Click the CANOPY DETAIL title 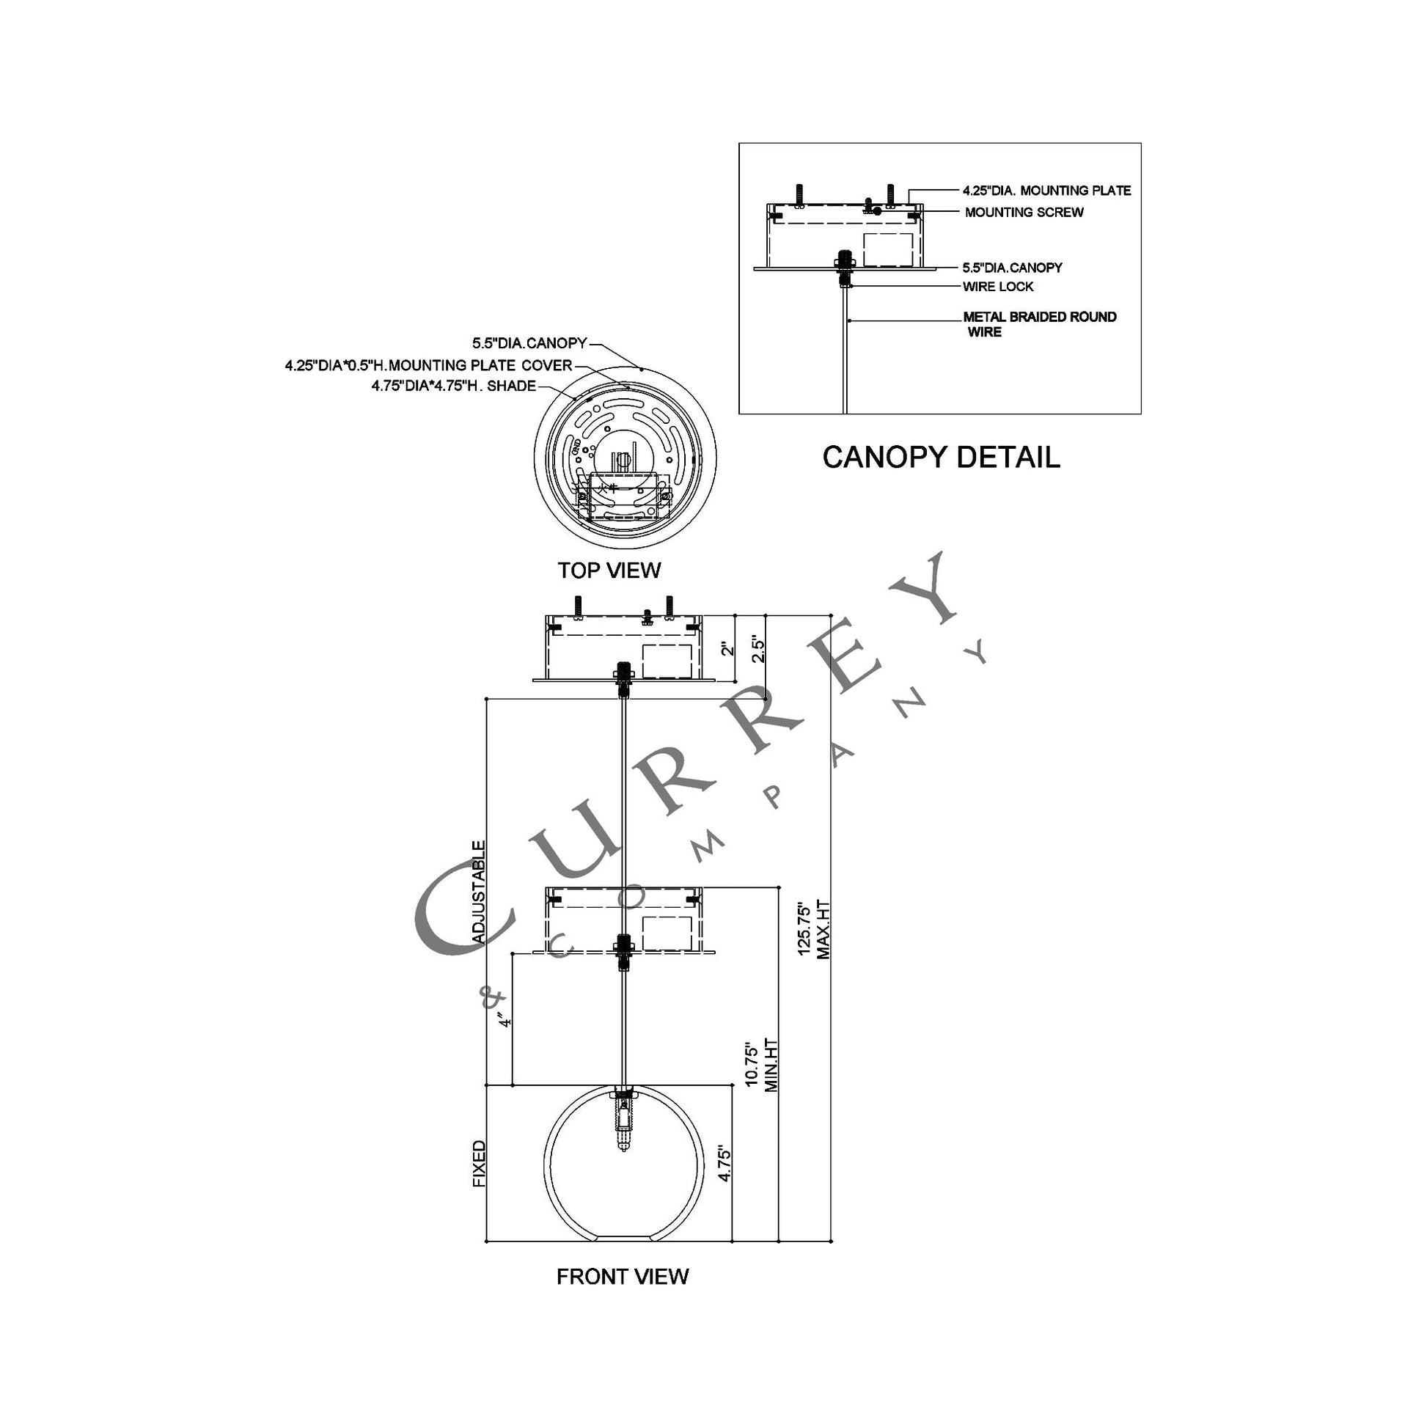coord(941,457)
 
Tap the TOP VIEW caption coord(609,571)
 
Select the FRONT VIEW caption coord(622,1277)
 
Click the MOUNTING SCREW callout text coord(1024,213)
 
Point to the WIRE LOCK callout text coord(998,287)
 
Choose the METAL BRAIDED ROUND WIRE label coord(1038,324)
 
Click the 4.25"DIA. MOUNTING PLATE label coord(1046,191)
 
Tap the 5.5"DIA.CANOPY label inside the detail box coord(1012,268)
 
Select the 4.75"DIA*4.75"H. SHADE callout coord(453,386)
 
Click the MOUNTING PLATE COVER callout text coord(428,365)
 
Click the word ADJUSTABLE coord(479,892)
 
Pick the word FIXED coord(480,1163)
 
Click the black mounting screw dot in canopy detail coord(878,211)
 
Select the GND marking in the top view coord(576,447)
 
